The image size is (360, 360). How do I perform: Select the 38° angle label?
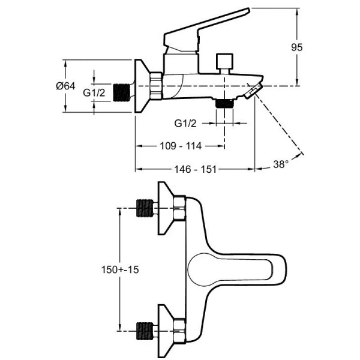tap(281, 163)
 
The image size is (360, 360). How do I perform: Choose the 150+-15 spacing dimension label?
tap(120, 270)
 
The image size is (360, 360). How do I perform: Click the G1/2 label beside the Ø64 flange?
tap(94, 92)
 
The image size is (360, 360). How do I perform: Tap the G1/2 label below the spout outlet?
tap(186, 123)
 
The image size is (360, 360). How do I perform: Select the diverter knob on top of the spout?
tap(224, 61)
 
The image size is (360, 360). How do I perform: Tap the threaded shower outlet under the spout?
tap(225, 102)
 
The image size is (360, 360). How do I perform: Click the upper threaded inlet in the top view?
tap(144, 208)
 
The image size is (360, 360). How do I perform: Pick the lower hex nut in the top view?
tap(179, 328)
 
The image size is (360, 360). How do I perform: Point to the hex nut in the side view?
tap(156, 86)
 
